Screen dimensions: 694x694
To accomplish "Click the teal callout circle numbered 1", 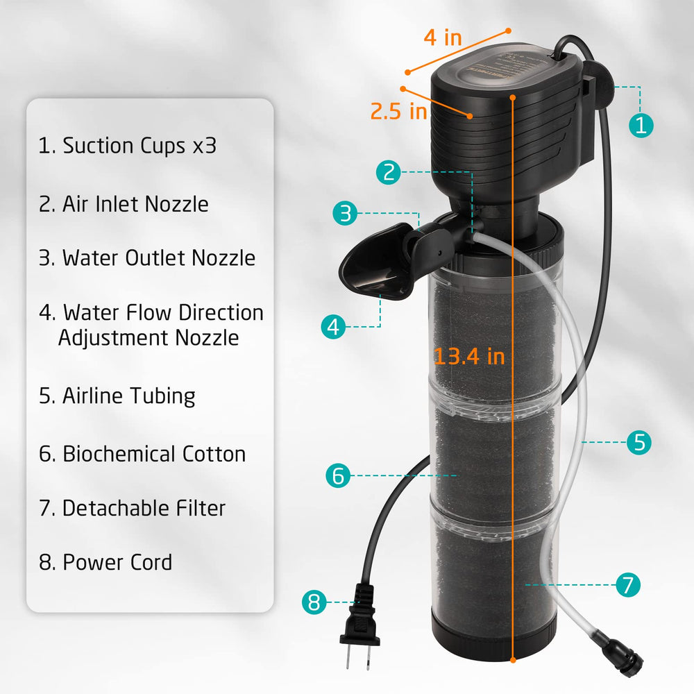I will [641, 125].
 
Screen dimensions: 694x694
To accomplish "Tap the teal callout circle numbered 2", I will [389, 172].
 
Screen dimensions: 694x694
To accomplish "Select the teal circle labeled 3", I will [345, 214].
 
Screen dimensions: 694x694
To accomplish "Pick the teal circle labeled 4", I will [335, 326].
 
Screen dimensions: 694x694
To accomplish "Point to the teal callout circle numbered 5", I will [639, 442].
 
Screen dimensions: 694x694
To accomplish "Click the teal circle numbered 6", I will [338, 476].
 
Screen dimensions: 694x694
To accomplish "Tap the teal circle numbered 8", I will [314, 602].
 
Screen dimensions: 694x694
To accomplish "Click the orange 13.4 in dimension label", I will [469, 356].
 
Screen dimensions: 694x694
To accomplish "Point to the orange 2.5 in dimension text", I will [398, 111].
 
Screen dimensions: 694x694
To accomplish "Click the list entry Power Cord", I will [105, 562].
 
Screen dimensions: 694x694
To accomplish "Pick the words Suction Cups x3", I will [128, 146].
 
